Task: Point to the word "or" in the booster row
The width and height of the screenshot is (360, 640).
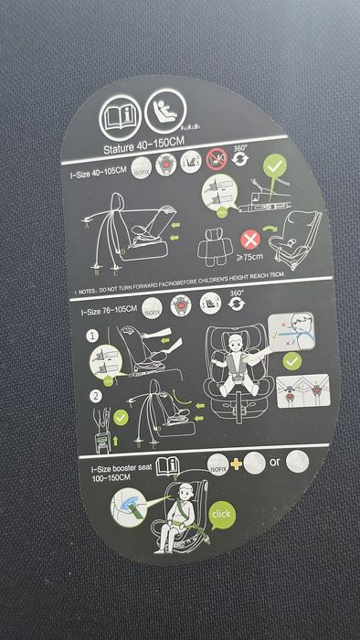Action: pos(275,462)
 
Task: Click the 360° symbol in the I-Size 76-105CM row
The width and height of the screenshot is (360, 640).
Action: pos(237,301)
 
